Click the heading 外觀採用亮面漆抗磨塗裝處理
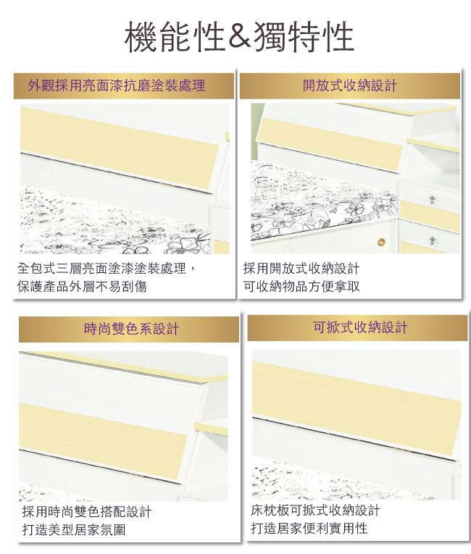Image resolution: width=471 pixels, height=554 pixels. point(117,85)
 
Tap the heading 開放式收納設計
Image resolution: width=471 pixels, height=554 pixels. point(350,85)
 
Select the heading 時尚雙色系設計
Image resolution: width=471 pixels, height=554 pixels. point(131,329)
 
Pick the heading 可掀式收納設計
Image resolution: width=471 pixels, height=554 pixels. point(360,327)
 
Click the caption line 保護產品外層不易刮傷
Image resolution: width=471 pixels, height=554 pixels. point(82,286)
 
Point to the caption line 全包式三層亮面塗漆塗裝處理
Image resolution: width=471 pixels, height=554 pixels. point(101,269)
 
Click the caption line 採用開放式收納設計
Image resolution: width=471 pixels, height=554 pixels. point(301,269)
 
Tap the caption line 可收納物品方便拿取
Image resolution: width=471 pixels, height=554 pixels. point(301,286)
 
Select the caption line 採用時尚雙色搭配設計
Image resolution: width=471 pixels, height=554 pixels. point(87,511)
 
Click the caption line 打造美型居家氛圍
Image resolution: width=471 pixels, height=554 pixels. point(74,529)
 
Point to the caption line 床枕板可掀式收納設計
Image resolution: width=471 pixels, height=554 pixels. point(315,511)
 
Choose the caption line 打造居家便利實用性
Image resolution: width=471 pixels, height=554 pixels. point(309,528)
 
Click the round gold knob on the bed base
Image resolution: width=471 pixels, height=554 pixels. point(381,243)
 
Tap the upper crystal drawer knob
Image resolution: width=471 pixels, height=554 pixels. point(431,200)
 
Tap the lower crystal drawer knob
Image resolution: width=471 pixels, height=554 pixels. point(432,241)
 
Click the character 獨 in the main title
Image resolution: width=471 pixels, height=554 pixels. point(270,37)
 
